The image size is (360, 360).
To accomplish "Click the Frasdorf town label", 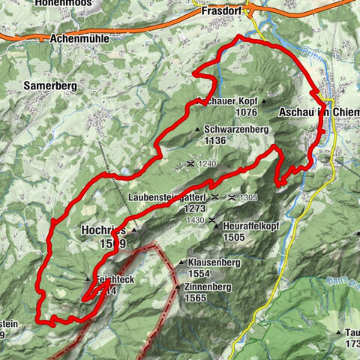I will [x=224, y=13].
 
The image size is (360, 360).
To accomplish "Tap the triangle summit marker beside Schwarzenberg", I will [x=198, y=130].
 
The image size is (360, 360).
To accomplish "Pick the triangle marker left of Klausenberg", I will [x=181, y=263].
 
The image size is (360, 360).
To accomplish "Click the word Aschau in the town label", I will [x=295, y=112].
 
